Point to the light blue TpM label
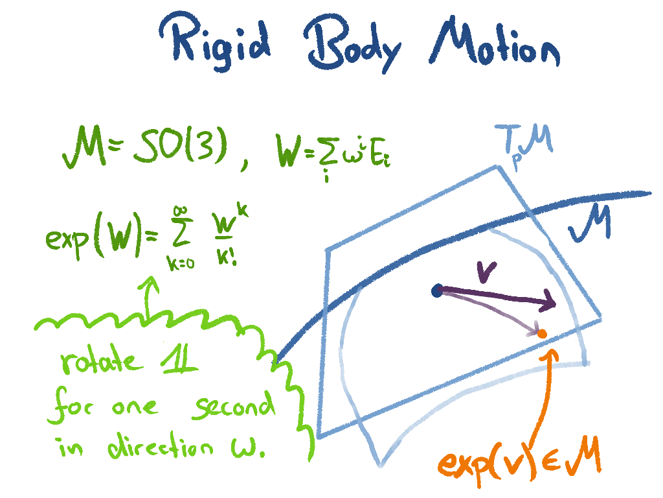click(x=524, y=143)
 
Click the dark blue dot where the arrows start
click(x=437, y=291)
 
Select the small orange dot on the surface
click(x=543, y=333)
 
